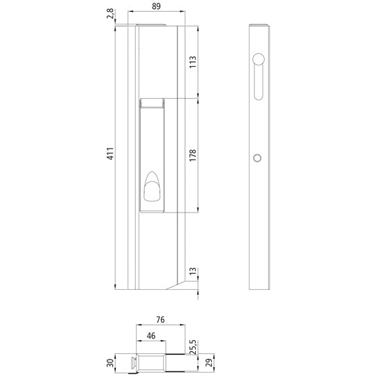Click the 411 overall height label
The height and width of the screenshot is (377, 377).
coord(110,155)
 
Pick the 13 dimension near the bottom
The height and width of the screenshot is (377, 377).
coord(193,271)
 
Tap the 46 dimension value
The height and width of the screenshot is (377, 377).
coord(151,337)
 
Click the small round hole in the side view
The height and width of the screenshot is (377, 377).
coord(256,159)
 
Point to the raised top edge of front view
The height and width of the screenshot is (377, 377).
coord(151,26)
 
